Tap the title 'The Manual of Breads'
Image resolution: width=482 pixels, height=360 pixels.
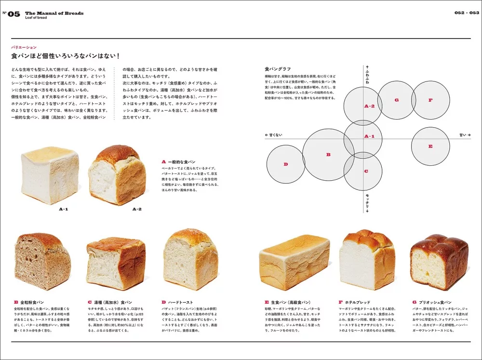(54, 13)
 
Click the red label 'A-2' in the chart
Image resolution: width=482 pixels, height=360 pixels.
(369, 106)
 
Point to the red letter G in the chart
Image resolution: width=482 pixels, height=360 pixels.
(396, 100)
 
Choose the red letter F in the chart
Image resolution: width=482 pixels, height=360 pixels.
(430, 100)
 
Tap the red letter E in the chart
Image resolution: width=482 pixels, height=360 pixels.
(430, 146)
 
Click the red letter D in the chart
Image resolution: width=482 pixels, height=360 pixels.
(285, 164)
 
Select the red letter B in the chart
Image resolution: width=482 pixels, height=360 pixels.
(328, 155)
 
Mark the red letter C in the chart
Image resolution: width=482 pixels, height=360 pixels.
(366, 171)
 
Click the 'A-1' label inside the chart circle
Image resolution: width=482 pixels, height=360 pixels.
(369, 136)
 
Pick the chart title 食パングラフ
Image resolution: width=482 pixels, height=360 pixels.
(278, 69)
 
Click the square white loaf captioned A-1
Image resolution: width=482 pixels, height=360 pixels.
(50, 174)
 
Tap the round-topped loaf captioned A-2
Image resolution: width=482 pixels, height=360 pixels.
(117, 174)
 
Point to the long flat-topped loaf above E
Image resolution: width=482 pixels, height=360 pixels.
(294, 262)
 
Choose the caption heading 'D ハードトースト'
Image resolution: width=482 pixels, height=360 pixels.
(178, 302)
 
